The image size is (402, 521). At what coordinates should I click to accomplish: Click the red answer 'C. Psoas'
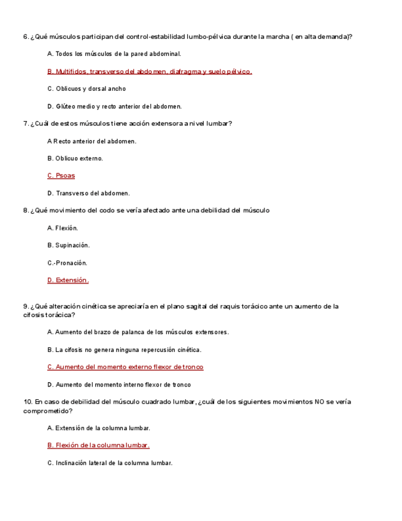coord(61,176)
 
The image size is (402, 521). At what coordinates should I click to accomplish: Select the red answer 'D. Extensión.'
coord(68,280)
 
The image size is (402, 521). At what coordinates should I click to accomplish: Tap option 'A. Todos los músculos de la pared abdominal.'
coord(114,54)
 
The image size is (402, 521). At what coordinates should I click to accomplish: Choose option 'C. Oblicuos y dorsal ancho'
coord(87,89)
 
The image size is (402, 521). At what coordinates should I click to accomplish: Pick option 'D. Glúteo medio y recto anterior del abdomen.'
coord(114,106)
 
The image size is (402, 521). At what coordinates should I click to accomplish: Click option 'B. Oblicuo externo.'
coord(75,159)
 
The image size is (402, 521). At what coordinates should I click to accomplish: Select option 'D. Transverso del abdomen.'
coord(88,194)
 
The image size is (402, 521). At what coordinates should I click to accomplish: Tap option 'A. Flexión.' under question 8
coord(63,228)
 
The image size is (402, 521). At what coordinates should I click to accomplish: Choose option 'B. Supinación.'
coord(68,245)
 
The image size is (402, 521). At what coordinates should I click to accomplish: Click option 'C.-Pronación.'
coord(67,263)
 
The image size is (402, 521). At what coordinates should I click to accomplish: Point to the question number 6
coord(25,37)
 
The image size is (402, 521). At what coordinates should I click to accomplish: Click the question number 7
coord(25,123)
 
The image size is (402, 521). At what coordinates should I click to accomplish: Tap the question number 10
coord(27,402)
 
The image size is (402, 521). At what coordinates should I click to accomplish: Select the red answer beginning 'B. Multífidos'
coord(149,71)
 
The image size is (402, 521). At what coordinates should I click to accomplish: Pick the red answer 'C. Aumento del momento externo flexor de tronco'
coord(125,367)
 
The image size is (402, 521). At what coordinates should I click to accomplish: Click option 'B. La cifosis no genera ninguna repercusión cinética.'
coord(124,350)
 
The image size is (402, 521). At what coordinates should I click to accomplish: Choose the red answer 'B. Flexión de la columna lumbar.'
coord(98,445)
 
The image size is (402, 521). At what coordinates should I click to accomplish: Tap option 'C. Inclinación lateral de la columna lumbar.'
coord(110,463)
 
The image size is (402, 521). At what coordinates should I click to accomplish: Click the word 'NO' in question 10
coord(320,402)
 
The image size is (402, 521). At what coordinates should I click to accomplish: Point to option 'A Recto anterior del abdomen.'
coord(91,141)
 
